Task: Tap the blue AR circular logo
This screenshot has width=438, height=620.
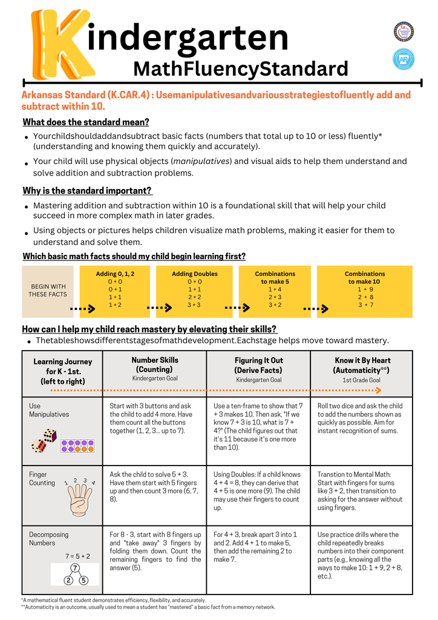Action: point(404,59)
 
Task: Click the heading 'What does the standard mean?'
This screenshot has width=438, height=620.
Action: point(86,122)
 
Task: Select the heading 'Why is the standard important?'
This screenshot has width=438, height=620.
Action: point(87,191)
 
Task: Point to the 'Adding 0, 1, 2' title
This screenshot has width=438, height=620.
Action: point(115,274)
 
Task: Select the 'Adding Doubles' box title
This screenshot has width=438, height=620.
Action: point(194,274)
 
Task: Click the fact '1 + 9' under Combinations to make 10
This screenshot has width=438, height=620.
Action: point(365,289)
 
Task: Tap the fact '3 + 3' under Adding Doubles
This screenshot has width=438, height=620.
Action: point(194,305)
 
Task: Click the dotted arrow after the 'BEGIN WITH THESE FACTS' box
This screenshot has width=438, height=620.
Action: point(82,309)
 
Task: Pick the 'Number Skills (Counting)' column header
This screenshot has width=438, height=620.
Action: point(155,364)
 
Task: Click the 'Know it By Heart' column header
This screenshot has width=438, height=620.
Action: point(361,364)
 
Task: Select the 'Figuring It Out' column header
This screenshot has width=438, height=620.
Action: point(258,364)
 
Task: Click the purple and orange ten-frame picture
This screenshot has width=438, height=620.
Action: point(76,446)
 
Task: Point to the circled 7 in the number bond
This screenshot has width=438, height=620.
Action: point(75,568)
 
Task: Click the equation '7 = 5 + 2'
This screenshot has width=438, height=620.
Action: point(77,556)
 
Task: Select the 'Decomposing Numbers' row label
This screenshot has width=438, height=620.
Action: point(49,539)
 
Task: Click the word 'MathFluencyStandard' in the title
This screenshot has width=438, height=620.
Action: point(240,68)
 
